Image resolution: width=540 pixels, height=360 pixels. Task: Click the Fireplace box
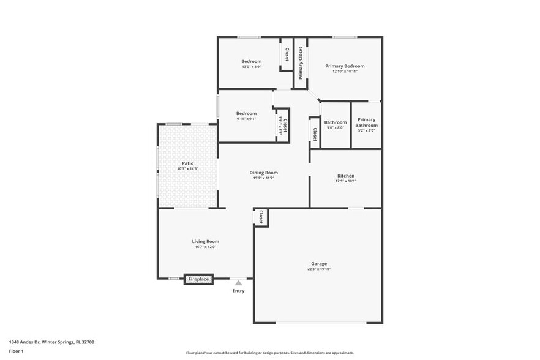198,279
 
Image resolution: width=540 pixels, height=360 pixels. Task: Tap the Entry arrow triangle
238,283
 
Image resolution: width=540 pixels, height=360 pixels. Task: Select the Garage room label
318,264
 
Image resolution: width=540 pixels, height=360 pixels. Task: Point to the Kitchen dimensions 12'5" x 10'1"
345,181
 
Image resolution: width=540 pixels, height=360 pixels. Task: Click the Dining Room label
263,173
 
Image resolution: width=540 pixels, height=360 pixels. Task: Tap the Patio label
187,163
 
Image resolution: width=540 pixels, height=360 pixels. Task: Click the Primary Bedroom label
345,66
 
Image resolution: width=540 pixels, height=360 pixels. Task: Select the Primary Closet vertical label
300,63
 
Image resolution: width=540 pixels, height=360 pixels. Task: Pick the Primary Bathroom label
366,122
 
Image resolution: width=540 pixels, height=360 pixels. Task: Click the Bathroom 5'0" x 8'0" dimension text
335,128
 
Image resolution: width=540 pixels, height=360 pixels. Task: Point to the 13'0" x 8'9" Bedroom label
251,61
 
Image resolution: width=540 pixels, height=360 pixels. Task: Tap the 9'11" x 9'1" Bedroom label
246,113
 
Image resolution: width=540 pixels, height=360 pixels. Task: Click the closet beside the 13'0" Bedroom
286,55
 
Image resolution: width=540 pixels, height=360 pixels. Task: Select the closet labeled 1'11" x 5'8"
283,126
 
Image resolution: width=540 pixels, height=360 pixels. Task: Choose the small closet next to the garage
261,217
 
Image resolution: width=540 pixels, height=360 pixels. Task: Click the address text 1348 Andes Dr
51,342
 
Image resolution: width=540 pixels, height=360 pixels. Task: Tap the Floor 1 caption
16,351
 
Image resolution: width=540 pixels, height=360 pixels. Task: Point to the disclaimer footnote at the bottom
269,353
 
